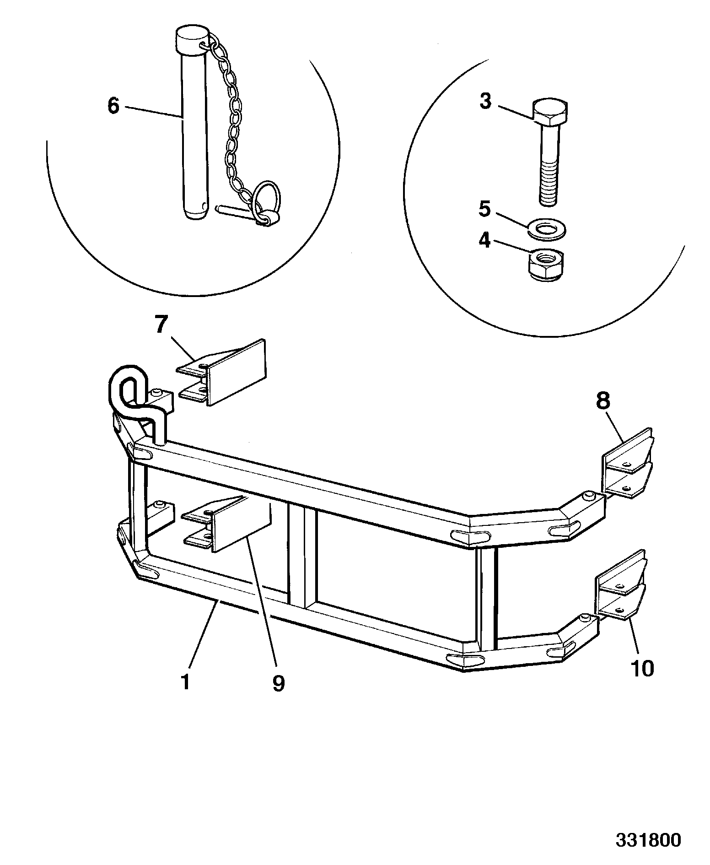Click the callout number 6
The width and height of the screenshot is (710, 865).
[x=113, y=106]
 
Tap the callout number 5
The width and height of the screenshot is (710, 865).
[x=484, y=209]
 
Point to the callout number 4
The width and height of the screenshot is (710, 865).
[x=484, y=240]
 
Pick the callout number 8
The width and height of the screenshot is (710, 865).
[x=603, y=401]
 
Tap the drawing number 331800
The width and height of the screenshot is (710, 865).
[x=648, y=840]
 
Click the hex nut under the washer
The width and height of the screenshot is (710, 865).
[x=546, y=265]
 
